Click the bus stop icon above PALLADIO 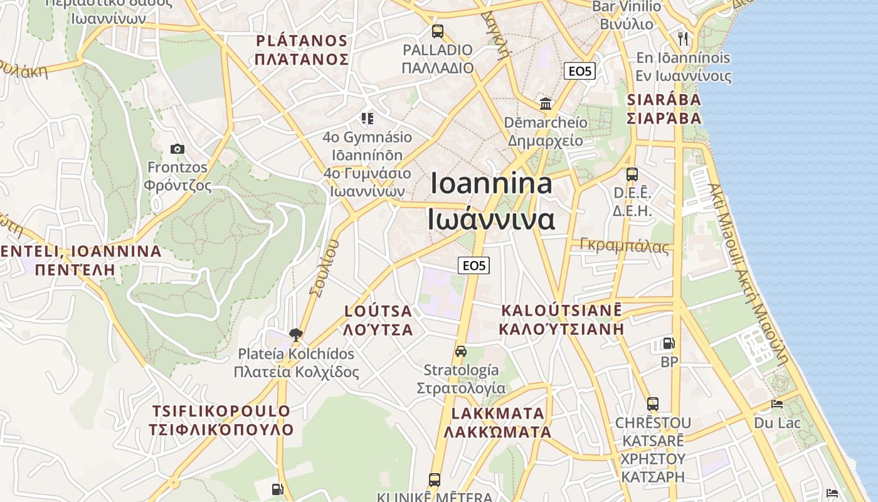pos(437,31)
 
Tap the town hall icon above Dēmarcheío pos(546,104)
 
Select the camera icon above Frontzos pos(177,149)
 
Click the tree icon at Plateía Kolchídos pos(296,334)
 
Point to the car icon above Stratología pos(461,351)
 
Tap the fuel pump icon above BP pos(669,343)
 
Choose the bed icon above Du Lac pos(777,404)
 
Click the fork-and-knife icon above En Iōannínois pos(683,38)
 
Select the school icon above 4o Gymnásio pos(368,118)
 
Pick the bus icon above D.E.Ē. pos(632,174)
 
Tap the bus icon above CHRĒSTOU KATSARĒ pos(653,403)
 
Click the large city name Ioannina pos(492,184)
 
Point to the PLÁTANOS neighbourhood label pos(302,41)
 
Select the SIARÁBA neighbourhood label pos(664,100)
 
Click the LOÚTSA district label pos(379,311)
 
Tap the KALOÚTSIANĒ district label pos(561,311)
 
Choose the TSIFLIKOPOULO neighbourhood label pos(221,412)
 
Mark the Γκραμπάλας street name pos(625,246)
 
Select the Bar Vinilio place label pos(627,7)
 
